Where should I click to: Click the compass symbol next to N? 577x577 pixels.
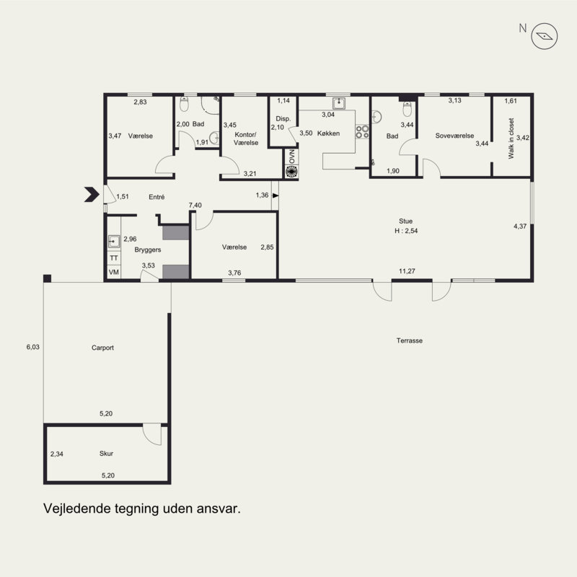pyautogui.click(x=545, y=36)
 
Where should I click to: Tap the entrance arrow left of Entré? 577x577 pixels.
pyautogui.click(x=92, y=195)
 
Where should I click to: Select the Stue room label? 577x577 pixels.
pyautogui.click(x=405, y=221)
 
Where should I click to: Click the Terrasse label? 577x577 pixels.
pyautogui.click(x=409, y=340)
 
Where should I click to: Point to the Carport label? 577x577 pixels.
pyautogui.click(x=102, y=348)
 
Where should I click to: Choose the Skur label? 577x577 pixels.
pyautogui.click(x=106, y=454)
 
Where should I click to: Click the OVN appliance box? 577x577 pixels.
pyautogui.click(x=291, y=157)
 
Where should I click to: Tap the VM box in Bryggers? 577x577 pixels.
pyautogui.click(x=114, y=273)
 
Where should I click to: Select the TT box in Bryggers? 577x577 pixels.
pyautogui.click(x=114, y=258)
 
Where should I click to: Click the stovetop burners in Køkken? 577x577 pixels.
pyautogui.click(x=362, y=132)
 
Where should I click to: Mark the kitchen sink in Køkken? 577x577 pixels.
pyautogui.click(x=338, y=103)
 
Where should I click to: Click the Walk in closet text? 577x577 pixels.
pyautogui.click(x=511, y=138)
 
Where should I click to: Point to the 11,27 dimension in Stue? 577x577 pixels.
pyautogui.click(x=407, y=271)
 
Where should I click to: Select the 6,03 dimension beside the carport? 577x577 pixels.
pyautogui.click(x=32, y=347)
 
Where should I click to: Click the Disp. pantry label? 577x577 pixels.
pyautogui.click(x=283, y=119)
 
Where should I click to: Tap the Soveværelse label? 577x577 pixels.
pyautogui.click(x=454, y=136)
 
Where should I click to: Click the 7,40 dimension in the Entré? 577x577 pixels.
pyautogui.click(x=195, y=206)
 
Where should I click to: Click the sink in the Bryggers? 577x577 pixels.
pyautogui.click(x=114, y=242)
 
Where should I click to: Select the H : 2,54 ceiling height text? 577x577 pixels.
pyautogui.click(x=406, y=231)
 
